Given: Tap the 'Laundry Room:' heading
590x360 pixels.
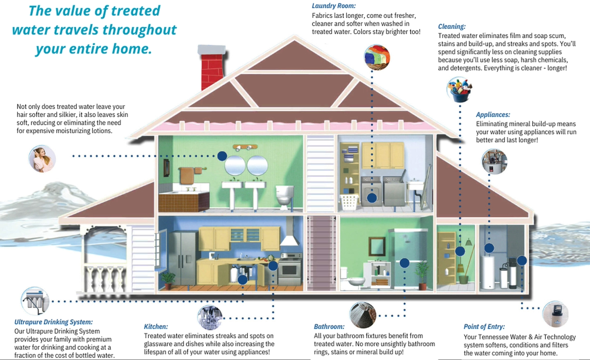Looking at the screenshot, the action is [x=334, y=6].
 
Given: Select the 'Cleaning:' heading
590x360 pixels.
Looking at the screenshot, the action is [x=452, y=27].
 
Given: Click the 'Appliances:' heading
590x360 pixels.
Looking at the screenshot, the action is [x=493, y=115].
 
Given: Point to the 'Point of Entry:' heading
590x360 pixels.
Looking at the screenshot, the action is [x=484, y=327].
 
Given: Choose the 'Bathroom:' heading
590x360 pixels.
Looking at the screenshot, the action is [x=329, y=327].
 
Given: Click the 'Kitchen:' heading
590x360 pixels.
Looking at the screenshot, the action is [x=156, y=327].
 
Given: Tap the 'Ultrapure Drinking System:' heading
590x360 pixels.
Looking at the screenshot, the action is [x=54, y=322].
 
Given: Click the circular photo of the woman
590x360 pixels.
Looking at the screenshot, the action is [x=42, y=159].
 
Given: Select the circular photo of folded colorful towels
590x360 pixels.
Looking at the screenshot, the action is [x=377, y=57].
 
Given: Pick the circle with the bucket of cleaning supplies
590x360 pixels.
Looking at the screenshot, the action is [x=460, y=89].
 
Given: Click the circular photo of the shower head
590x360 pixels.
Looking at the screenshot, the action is [x=363, y=315].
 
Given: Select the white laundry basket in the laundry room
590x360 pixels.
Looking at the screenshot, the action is [x=349, y=202].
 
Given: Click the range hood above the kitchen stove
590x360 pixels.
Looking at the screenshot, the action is [x=289, y=232].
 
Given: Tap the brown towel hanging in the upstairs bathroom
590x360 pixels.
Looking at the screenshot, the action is [x=186, y=176].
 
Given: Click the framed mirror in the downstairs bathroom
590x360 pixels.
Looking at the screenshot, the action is [x=377, y=246].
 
